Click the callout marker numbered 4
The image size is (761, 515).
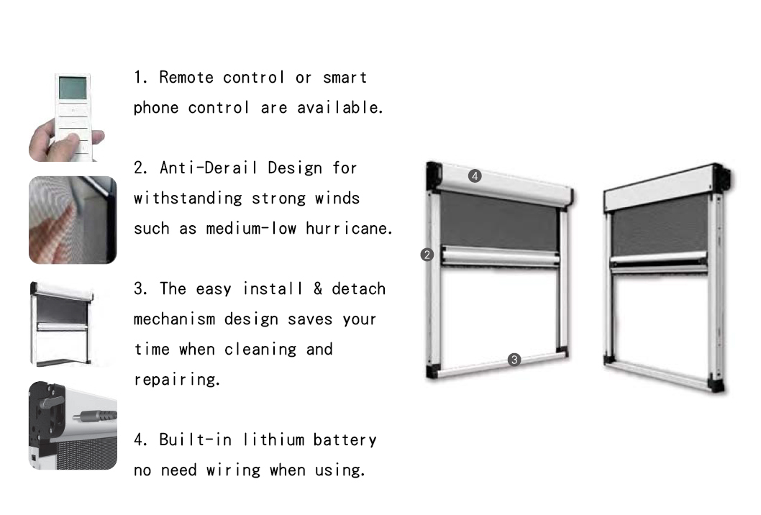(475, 176)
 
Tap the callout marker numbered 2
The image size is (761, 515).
(427, 255)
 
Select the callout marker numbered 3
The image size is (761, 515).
(514, 360)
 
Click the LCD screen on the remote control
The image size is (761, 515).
(73, 88)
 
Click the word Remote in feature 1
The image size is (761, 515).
(186, 78)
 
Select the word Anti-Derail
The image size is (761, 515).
(209, 168)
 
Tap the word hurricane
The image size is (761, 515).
(348, 228)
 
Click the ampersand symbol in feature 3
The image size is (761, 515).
(318, 289)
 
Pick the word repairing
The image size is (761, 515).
(177, 380)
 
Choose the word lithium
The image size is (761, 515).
(274, 439)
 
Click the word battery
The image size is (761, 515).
(345, 440)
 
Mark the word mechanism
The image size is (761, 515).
(174, 319)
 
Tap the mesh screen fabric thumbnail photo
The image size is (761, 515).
(73, 220)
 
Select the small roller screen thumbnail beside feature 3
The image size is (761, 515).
(62, 323)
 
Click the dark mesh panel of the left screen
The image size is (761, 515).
(499, 221)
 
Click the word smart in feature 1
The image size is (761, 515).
(345, 78)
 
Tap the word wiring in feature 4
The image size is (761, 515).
(234, 470)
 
